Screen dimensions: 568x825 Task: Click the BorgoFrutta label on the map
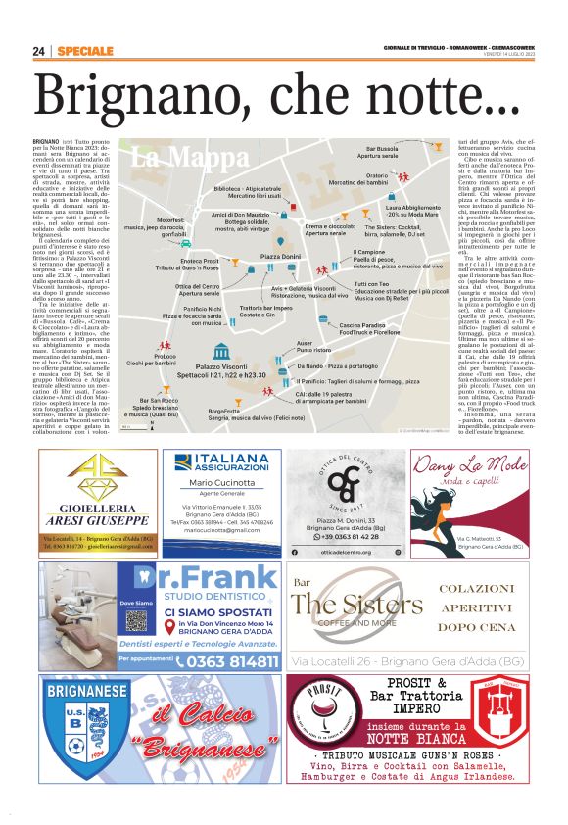(223, 411)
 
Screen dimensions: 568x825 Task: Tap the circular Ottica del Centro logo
(343, 479)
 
